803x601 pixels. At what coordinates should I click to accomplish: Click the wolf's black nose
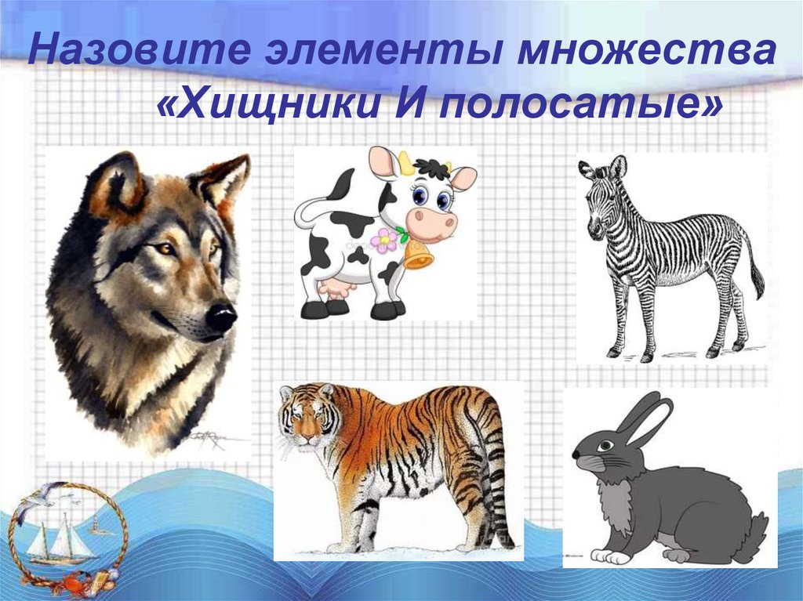(x=222, y=317)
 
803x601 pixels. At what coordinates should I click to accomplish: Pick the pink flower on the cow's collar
(x=384, y=240)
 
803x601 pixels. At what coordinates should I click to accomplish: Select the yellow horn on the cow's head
(x=405, y=163)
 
